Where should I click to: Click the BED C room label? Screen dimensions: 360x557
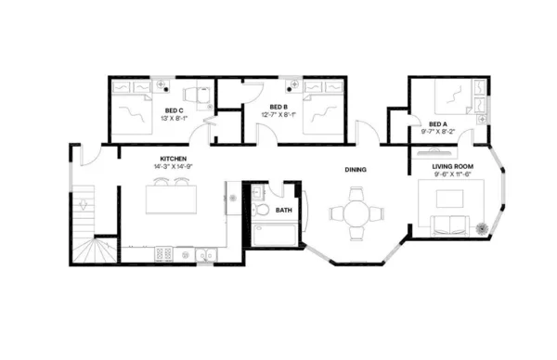pyautogui.click(x=175, y=110)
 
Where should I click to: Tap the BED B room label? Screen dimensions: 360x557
pyautogui.click(x=279, y=108)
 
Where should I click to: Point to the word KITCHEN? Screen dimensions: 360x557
pyautogui.click(x=174, y=159)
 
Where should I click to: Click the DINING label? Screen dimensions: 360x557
pyautogui.click(x=355, y=170)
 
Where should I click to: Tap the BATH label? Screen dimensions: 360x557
pyautogui.click(x=284, y=211)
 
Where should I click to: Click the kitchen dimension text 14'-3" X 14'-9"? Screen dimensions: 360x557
pyautogui.click(x=174, y=167)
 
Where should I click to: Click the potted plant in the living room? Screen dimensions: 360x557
pyautogui.click(x=482, y=226)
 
